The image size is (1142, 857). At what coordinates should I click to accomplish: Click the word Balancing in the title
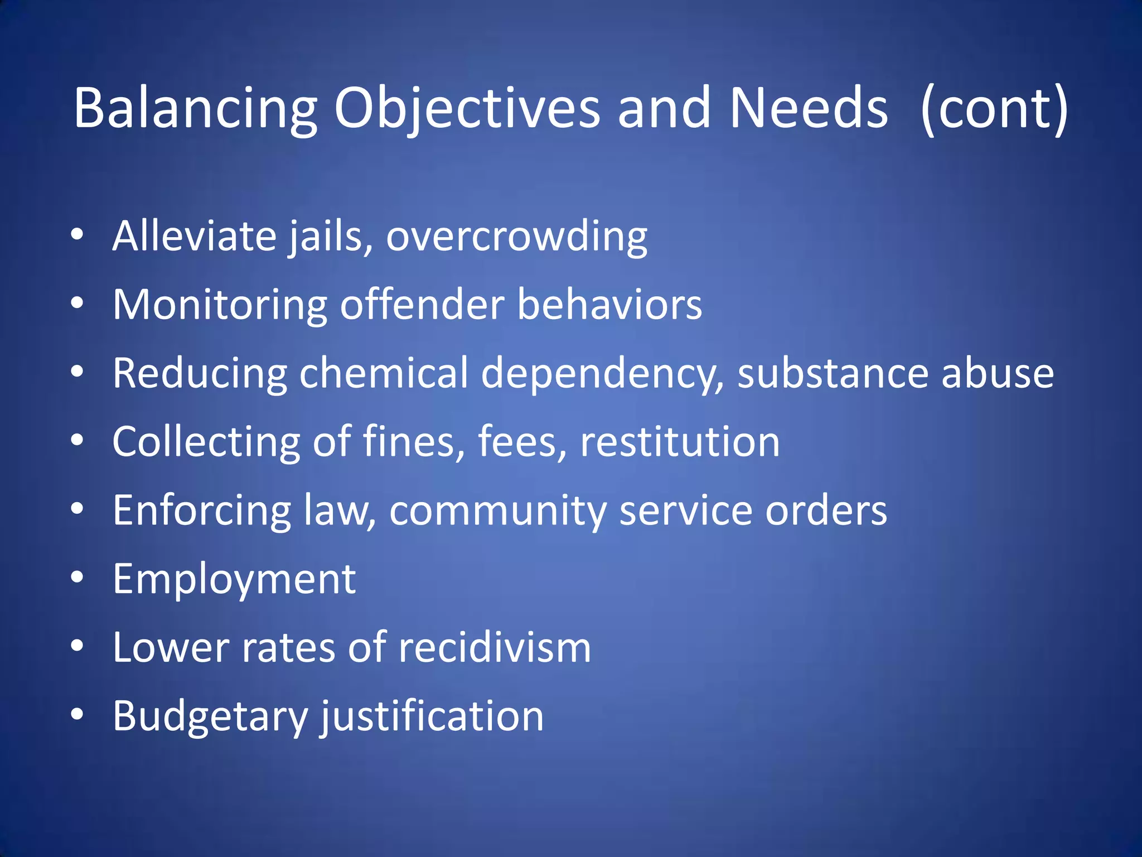pos(195,109)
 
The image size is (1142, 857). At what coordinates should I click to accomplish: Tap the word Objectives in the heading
pos(467,109)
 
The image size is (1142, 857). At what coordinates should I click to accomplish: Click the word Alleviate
pos(194,236)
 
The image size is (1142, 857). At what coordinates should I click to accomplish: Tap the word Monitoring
pos(220,305)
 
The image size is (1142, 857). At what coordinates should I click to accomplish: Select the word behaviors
pos(609,305)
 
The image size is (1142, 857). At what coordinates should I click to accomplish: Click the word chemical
pos(384,373)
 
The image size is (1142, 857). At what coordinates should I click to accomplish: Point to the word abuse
pos(998,373)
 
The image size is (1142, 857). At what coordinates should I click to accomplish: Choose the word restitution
pos(680,442)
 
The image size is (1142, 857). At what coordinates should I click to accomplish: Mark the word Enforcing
pos(202,511)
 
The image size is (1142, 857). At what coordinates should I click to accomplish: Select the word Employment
pos(234,580)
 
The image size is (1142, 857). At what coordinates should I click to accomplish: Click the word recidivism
pos(495,648)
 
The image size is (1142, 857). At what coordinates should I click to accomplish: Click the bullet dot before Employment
pos(78,577)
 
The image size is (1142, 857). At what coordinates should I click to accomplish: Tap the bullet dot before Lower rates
pos(78,646)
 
